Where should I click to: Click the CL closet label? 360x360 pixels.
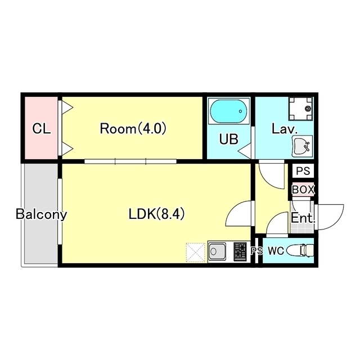coord(41,129)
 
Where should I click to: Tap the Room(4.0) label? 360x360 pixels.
coord(133,129)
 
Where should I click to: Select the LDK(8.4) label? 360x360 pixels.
coord(156,214)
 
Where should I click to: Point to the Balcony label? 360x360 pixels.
coord(41,214)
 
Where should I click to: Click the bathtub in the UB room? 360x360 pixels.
coord(229,111)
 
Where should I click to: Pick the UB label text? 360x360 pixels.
coord(229,139)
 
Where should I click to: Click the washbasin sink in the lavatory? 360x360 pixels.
coord(302,146)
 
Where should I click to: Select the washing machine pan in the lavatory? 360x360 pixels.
coord(301,109)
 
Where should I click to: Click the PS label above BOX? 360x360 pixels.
coord(303,171)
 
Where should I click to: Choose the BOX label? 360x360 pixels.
coord(303,190)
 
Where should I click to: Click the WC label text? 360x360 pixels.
coord(276,251)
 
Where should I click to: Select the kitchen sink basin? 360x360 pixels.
coord(217,251)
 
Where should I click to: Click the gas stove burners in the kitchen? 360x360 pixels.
coord(240,251)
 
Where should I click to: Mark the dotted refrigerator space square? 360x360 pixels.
coord(195,253)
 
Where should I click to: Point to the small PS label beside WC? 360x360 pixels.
coord(256,251)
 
